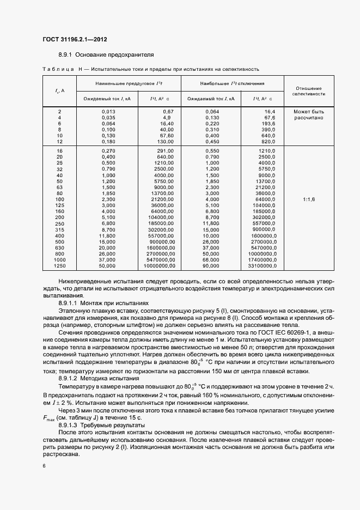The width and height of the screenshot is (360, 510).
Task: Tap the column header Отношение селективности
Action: pyautogui.click(x=308, y=91)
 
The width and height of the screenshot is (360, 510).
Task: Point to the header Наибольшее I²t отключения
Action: pyautogui.click(x=232, y=84)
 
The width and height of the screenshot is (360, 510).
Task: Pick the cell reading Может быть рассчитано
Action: pyautogui.click(x=308, y=114)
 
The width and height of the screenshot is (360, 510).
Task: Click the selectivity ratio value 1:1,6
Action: pyautogui.click(x=308, y=199)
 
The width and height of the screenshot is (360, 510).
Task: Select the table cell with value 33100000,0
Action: pyautogui.click(x=262, y=266)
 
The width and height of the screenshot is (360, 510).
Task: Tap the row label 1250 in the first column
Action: pyautogui.click(x=59, y=266)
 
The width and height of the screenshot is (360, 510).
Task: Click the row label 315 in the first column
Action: pyautogui.click(x=59, y=229)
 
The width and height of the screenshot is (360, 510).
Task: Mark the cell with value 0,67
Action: pyautogui.click(x=168, y=111)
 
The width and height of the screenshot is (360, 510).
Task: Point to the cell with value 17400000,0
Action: pyautogui.click(x=262, y=260)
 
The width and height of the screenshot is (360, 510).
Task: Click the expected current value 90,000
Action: pyautogui.click(x=211, y=266)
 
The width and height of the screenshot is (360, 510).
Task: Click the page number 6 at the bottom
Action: pyautogui.click(x=44, y=465)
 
